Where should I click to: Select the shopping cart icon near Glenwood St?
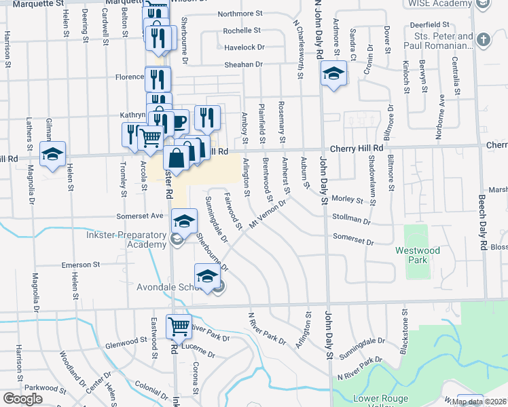(x=179, y=326)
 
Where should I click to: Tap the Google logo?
(x=22, y=399)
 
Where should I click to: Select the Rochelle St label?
(x=242, y=31)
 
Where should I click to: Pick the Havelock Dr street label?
(x=244, y=47)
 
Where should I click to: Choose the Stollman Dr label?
(x=352, y=220)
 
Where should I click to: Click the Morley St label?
(x=348, y=199)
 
